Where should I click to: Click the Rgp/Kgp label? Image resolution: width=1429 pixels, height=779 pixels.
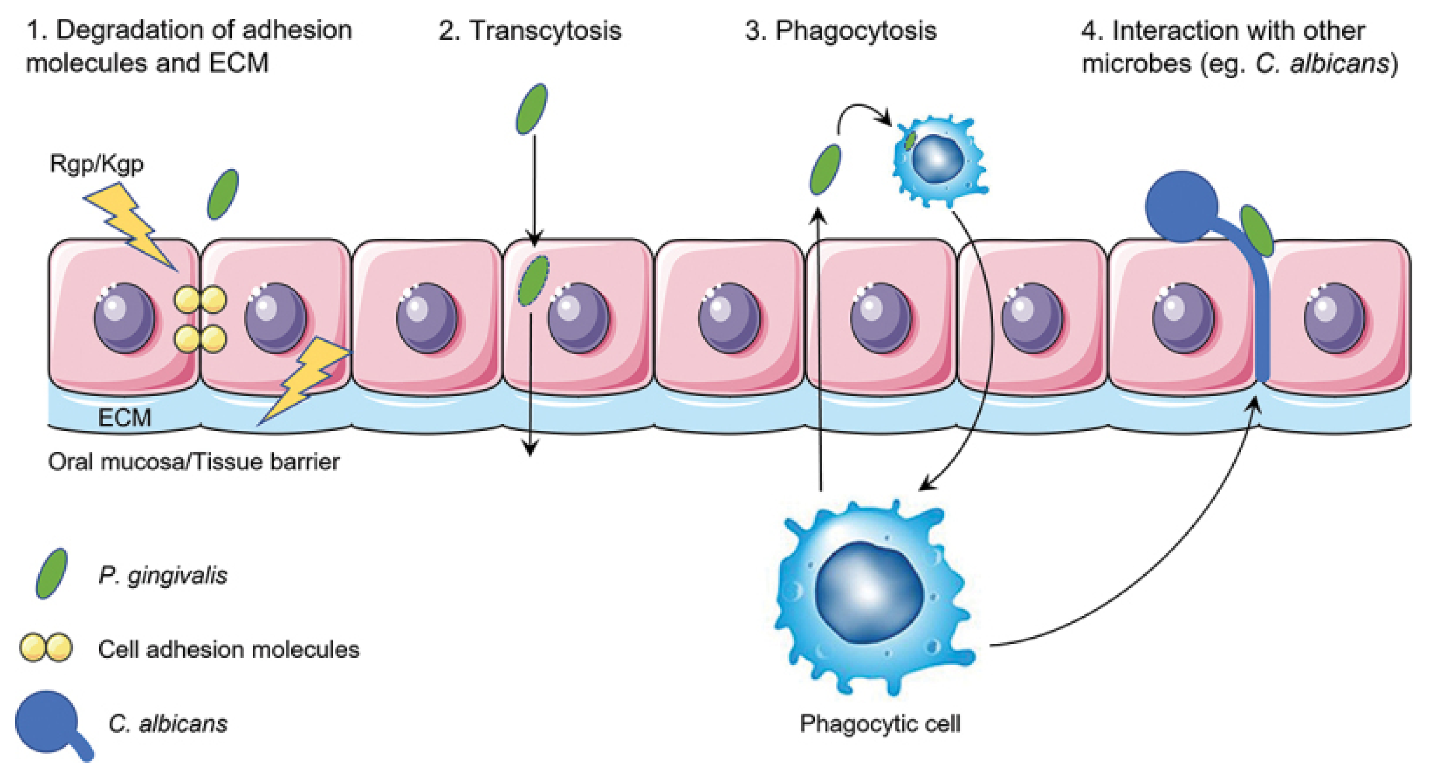(97, 164)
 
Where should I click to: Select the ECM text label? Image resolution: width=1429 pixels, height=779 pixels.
(124, 417)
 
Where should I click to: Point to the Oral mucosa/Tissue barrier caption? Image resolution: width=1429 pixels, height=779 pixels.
(194, 462)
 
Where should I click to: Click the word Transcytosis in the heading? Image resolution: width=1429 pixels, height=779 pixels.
(546, 30)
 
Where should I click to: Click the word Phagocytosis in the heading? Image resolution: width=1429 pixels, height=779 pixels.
(855, 30)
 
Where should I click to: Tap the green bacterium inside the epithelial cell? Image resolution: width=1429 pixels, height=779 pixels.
(533, 280)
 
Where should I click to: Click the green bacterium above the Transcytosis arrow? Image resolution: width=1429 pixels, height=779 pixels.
(531, 109)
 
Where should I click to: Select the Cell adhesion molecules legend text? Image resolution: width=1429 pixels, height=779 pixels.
(228, 649)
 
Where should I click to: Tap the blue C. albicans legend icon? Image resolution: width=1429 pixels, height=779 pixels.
(50, 723)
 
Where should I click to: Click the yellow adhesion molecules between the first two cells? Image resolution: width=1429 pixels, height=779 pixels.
(200, 320)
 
